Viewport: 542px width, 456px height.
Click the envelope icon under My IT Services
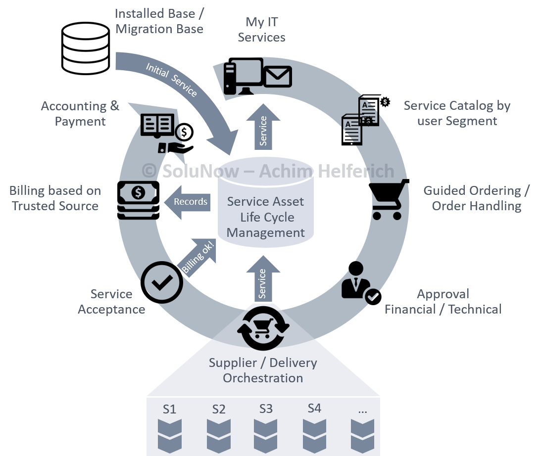277,77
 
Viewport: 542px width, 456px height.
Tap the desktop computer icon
243,77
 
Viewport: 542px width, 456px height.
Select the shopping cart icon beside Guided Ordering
389,200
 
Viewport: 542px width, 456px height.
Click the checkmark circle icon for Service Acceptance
162,282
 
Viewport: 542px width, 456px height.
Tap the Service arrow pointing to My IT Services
263,127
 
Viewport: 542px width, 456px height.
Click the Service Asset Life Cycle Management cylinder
266,208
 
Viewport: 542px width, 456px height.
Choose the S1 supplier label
169,410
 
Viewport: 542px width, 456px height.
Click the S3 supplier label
266,409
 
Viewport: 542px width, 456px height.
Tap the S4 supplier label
314,409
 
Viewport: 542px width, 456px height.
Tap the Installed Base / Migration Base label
159,21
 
